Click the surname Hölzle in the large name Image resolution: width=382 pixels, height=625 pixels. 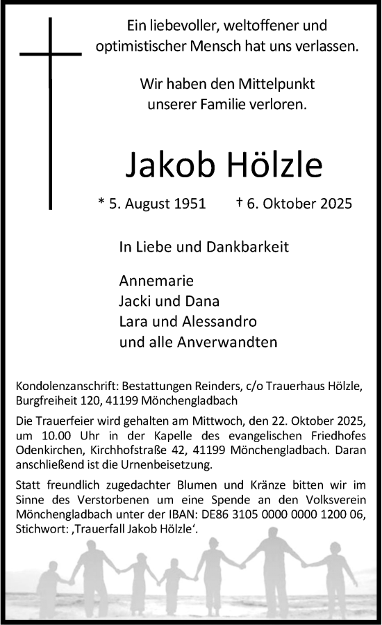coord(276,165)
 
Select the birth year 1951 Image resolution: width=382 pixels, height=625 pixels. coord(190,204)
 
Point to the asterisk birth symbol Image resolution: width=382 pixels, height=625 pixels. coord(102,203)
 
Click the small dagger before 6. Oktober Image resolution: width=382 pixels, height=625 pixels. coord(239,202)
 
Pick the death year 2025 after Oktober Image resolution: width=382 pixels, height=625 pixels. coord(335,204)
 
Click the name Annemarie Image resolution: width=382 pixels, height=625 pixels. coord(147,282)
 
